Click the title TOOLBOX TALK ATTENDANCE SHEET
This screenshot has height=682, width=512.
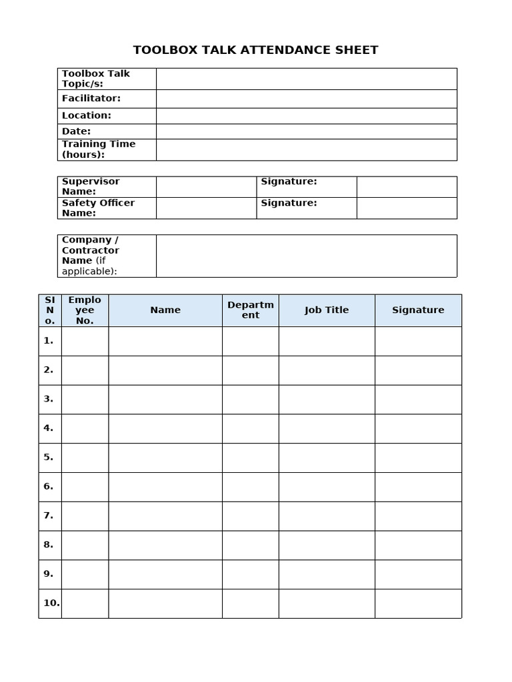[255, 50]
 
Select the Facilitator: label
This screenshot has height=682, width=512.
[91, 99]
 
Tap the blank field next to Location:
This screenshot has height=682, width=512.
[306, 116]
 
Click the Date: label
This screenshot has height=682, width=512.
[77, 132]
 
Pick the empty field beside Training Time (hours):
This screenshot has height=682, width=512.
[306, 150]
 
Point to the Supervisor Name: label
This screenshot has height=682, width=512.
[91, 186]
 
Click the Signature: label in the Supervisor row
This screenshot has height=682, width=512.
[289, 182]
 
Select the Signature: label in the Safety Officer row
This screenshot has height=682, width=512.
[289, 203]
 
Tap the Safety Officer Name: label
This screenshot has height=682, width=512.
[98, 208]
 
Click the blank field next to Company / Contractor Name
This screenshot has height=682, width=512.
[306, 256]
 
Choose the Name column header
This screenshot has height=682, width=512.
[165, 310]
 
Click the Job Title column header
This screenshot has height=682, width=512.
[327, 310]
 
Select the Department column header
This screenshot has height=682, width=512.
[251, 310]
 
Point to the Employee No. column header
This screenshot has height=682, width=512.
[85, 310]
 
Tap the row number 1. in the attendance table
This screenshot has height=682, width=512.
[49, 341]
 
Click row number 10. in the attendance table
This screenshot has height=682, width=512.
[51, 603]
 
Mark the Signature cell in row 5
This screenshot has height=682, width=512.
[418, 458]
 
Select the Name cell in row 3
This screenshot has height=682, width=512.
[165, 400]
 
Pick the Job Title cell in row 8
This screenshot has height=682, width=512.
[327, 545]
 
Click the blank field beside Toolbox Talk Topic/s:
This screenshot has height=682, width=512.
[306, 79]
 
